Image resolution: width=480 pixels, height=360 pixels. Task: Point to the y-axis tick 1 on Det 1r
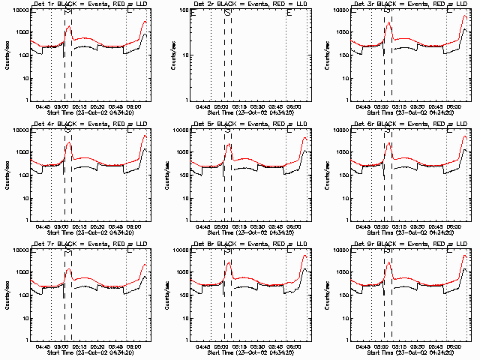pyautogui.click(x=28, y=101)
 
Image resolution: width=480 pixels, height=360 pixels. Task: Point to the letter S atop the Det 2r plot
pyautogui.click(x=227, y=12)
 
